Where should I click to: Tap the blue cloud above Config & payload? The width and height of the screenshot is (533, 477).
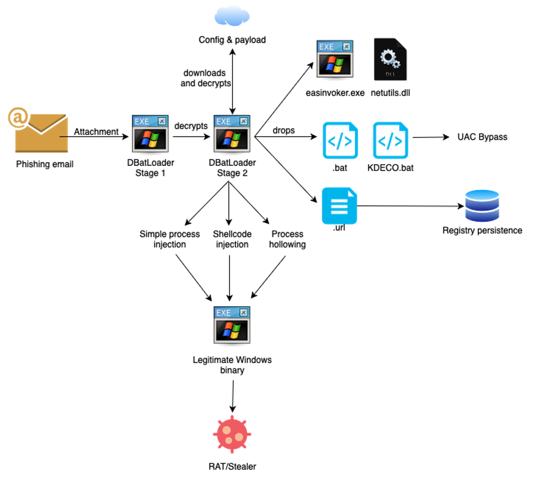pos(232,16)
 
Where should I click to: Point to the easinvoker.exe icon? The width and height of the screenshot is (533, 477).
pos(335,59)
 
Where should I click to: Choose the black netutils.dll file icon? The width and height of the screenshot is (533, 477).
pos(390,59)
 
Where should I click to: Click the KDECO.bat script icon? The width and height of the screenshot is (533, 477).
pos(390,140)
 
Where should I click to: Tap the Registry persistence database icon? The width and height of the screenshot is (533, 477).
pos(482,206)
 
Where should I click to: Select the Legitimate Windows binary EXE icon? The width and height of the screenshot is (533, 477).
pos(232,323)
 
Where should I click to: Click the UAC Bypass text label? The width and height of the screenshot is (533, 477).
pos(482,137)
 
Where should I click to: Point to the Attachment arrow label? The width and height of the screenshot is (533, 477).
pos(96,132)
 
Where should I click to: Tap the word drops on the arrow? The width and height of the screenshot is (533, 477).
pos(284,131)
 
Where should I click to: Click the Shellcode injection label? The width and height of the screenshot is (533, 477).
pos(232,239)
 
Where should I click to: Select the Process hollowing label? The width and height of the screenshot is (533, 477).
pos(288,239)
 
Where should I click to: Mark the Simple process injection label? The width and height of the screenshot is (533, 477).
pos(170,239)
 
